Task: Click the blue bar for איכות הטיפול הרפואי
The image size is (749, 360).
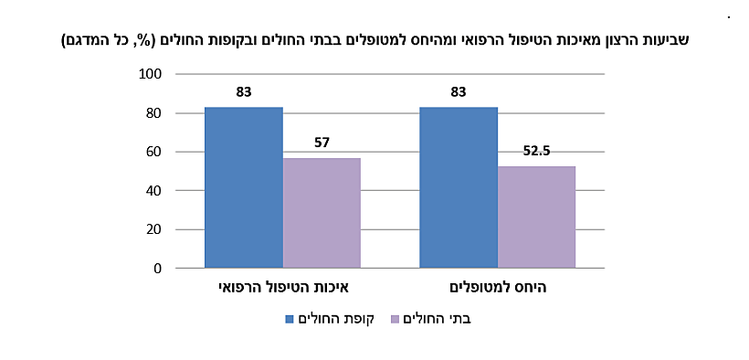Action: (x=243, y=187)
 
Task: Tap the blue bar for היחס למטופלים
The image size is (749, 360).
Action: (x=459, y=187)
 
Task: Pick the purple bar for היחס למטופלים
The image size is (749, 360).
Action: (x=536, y=217)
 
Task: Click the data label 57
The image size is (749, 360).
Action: (x=322, y=143)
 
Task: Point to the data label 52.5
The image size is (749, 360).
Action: (x=536, y=151)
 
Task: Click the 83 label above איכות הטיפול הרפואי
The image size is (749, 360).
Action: (x=243, y=92)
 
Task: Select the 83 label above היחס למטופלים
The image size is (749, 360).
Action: (x=459, y=92)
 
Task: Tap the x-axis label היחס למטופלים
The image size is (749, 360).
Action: (x=498, y=288)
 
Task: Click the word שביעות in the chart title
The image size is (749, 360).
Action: (x=666, y=40)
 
